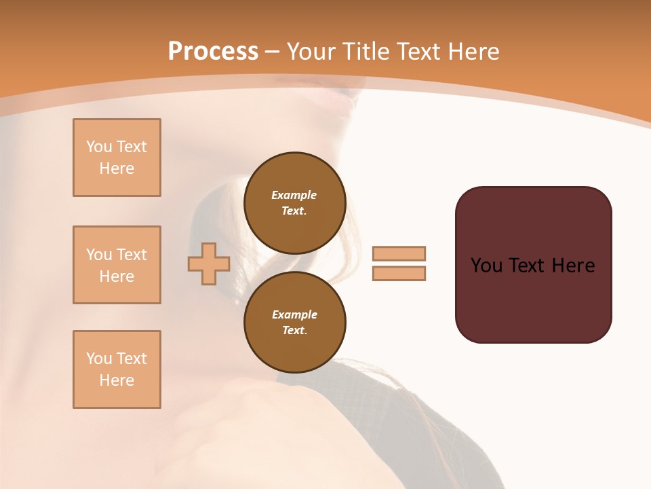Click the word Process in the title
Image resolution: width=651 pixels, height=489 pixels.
(213, 52)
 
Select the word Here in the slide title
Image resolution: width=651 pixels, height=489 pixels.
(473, 52)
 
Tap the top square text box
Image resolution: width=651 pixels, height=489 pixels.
(117, 158)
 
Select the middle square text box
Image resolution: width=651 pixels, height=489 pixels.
(117, 265)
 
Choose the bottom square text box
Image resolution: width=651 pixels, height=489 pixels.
(117, 369)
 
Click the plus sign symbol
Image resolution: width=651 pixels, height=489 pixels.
(209, 264)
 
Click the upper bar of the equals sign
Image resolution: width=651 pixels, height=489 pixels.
(399, 253)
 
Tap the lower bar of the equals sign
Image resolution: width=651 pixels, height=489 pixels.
(399, 274)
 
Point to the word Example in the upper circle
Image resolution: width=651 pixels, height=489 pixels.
(294, 195)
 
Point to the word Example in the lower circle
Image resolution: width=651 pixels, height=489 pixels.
(294, 314)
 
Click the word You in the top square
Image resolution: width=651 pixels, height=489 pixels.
(98, 147)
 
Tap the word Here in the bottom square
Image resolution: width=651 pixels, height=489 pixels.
(117, 380)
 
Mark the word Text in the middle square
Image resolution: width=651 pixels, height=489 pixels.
(132, 255)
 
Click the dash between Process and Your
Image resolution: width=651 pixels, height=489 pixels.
(273, 52)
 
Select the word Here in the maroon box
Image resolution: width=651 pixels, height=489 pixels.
(573, 266)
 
